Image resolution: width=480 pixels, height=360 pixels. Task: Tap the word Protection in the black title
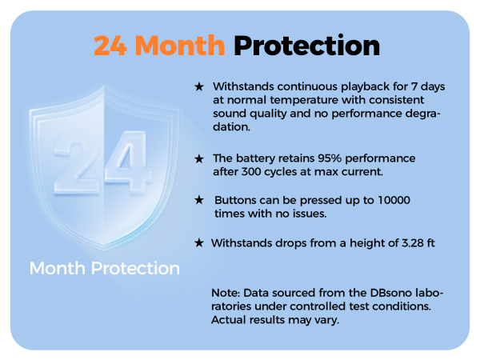tap(306, 46)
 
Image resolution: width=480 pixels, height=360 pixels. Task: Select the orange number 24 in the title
tap(111, 46)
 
